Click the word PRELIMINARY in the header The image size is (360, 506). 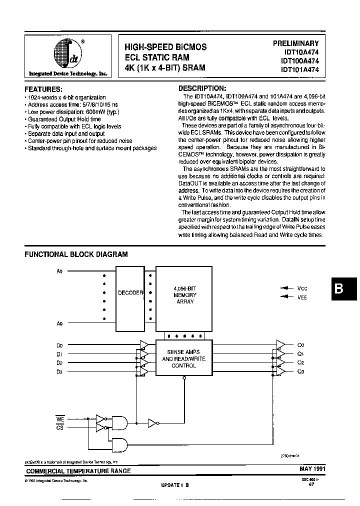[295, 43]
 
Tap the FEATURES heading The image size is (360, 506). [43, 89]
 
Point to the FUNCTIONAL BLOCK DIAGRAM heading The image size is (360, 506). [76, 254]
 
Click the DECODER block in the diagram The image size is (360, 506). [129, 293]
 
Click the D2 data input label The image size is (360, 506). [59, 362]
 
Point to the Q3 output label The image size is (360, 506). [300, 371]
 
